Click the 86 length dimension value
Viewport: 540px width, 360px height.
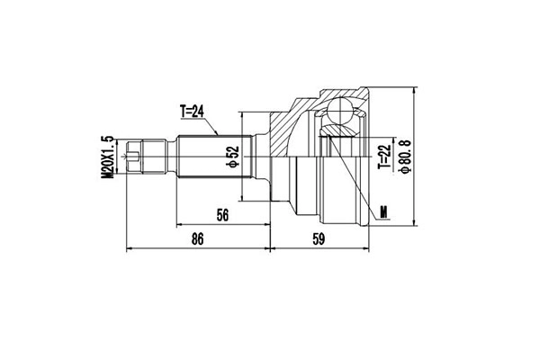coord(198,238)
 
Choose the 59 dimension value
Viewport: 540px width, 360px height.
coord(318,238)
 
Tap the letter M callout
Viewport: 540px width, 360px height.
coord(384,212)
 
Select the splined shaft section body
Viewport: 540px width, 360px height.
coord(211,158)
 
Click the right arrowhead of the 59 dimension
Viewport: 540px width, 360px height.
coord(366,247)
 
